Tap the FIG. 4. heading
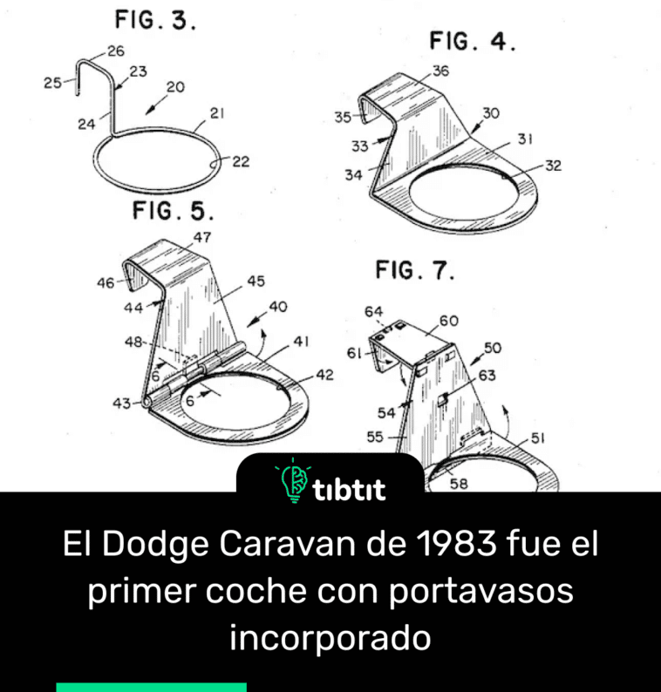pos(471,41)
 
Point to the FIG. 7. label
pos(416,270)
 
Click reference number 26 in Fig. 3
pos(116,51)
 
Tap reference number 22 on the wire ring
pos(241,161)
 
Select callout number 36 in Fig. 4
pos(440,72)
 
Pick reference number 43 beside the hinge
pos(121,403)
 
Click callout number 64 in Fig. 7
pos(374,310)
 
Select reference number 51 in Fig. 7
pos(539,439)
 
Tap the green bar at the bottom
pos(151,687)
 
